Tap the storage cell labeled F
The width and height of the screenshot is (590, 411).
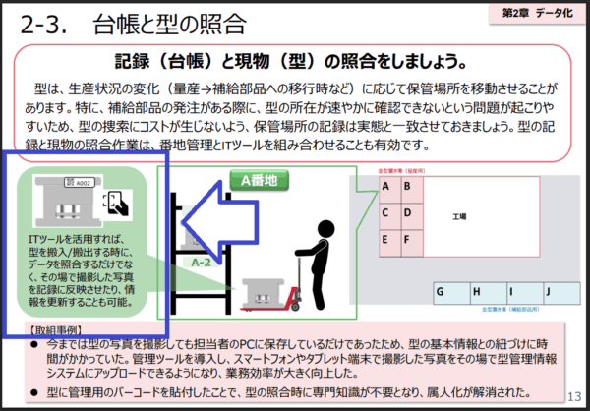410,237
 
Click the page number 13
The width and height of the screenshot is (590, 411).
573,396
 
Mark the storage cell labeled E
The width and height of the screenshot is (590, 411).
387,237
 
